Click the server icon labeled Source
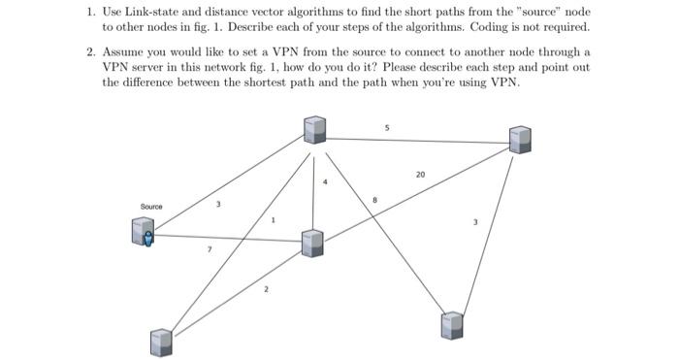144,231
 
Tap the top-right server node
520,139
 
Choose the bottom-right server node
452,325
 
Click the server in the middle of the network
311,244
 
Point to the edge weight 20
419,175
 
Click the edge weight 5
386,127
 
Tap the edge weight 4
327,182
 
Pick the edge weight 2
266,289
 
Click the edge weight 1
273,220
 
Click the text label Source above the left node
151,207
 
